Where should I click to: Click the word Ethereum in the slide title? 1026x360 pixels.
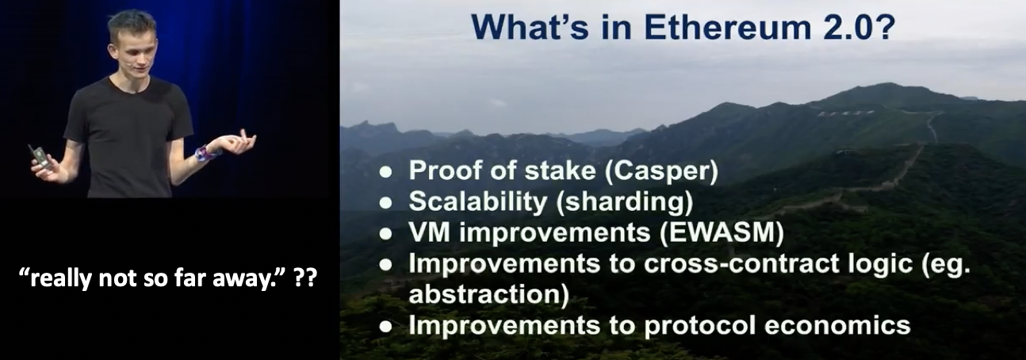pyautogui.click(x=728, y=27)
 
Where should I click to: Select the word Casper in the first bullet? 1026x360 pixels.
pyautogui.click(x=661, y=170)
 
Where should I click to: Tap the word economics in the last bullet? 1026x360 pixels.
pyautogui.click(x=837, y=325)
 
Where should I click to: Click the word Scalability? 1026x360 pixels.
pyautogui.click(x=478, y=201)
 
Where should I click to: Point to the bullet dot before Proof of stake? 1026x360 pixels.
pyautogui.click(x=386, y=172)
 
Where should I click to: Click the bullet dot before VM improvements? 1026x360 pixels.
pyautogui.click(x=386, y=234)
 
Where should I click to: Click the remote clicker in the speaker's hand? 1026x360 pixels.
pyautogui.click(x=39, y=157)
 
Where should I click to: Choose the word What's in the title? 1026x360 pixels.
pyautogui.click(x=530, y=27)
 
